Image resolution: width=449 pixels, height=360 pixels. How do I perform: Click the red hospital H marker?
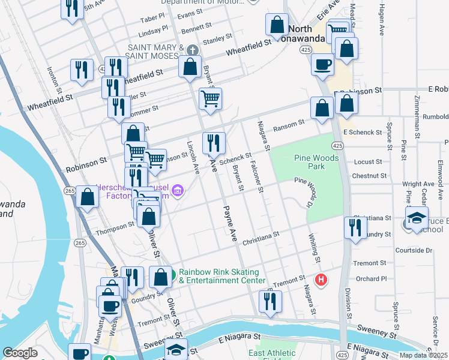[321, 280]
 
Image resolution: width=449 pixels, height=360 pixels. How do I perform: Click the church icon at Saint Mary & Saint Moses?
[192, 50]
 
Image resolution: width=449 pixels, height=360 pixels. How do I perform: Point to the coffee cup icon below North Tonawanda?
[322, 64]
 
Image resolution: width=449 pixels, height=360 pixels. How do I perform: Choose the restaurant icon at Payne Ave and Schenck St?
[214, 143]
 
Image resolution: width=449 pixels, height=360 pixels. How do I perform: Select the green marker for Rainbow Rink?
[172, 275]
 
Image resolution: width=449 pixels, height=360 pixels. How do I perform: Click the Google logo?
[20, 353]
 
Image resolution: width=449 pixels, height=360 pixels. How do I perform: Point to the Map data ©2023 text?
[423, 355]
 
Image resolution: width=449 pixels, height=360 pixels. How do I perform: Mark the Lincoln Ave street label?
[193, 158]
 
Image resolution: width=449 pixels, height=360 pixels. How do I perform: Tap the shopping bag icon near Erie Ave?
[277, 25]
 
